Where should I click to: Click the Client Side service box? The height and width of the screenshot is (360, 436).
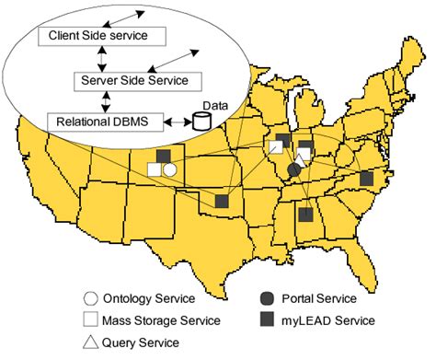[x=99, y=34]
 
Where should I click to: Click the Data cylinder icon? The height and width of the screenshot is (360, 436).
[x=201, y=121]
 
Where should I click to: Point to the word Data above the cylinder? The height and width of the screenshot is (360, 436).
[x=213, y=105]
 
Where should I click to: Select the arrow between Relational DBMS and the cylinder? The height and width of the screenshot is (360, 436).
[x=176, y=121]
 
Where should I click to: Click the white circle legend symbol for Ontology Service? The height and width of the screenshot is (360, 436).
[x=91, y=298]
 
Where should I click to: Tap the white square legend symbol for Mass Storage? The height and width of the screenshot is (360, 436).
[x=91, y=320]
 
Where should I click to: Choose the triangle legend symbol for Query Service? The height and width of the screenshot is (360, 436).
[x=91, y=342]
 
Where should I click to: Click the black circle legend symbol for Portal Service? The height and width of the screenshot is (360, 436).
[x=267, y=298]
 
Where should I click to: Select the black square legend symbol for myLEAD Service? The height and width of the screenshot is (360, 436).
[x=267, y=320]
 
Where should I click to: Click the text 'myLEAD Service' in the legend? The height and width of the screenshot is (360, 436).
[x=330, y=320]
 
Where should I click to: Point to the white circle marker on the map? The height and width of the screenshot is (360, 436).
[x=170, y=169]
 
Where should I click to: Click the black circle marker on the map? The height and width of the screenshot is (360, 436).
[x=293, y=170]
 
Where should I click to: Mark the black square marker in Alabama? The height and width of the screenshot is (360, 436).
[x=305, y=215]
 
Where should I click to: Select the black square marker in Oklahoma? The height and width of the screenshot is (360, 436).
[x=222, y=200]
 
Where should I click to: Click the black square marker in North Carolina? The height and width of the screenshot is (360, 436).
[x=366, y=178]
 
